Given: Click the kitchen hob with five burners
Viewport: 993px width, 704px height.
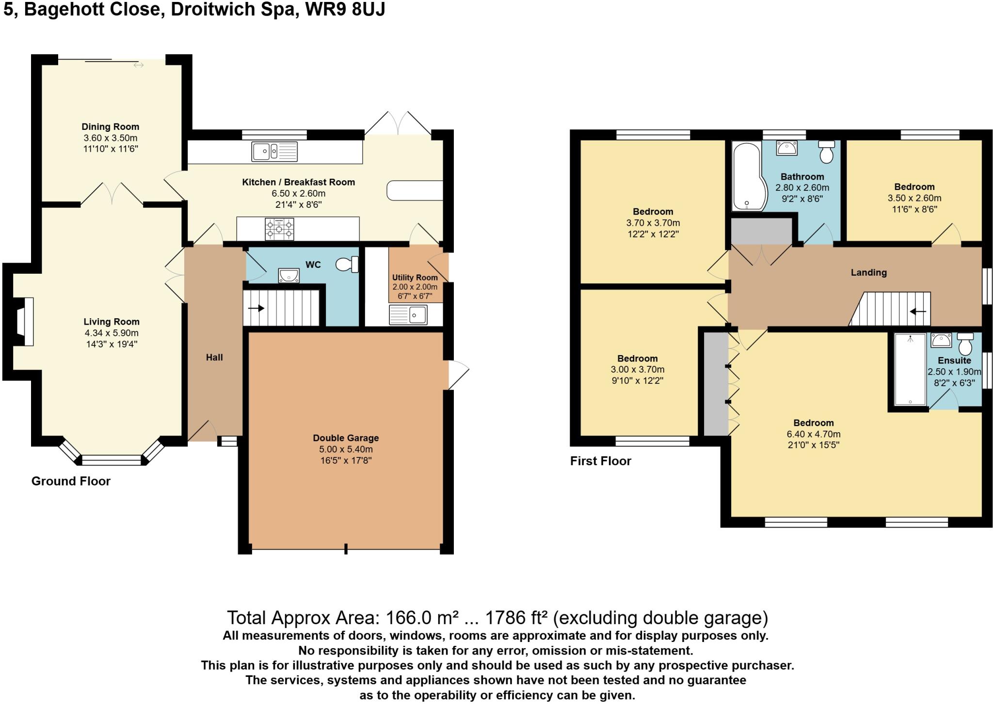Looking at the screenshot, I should [x=279, y=229].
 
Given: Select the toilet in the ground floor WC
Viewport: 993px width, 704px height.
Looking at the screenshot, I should [x=348, y=264].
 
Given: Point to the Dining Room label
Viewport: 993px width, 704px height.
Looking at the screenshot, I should [x=110, y=127].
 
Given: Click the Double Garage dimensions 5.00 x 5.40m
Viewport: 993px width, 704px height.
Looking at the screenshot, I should [x=346, y=449].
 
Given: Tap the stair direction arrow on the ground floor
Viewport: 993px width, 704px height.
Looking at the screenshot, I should [x=256, y=308].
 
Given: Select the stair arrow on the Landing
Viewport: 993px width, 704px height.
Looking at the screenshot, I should [x=918, y=312].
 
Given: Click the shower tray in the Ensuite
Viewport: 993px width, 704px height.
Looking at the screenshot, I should [x=910, y=369].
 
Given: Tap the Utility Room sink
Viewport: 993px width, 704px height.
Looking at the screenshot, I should [x=408, y=315].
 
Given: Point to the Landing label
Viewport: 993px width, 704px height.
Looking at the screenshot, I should [x=868, y=273].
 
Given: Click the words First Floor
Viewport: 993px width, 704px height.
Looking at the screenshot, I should [x=600, y=461].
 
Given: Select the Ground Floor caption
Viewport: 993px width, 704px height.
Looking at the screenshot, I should [x=71, y=481].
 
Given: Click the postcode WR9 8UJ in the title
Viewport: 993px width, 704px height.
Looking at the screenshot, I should [x=345, y=9].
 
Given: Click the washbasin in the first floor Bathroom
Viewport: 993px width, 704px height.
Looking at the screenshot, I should [x=786, y=148].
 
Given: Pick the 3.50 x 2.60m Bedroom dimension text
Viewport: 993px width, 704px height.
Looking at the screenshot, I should [x=914, y=198].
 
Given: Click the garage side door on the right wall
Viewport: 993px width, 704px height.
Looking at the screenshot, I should [x=458, y=375].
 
